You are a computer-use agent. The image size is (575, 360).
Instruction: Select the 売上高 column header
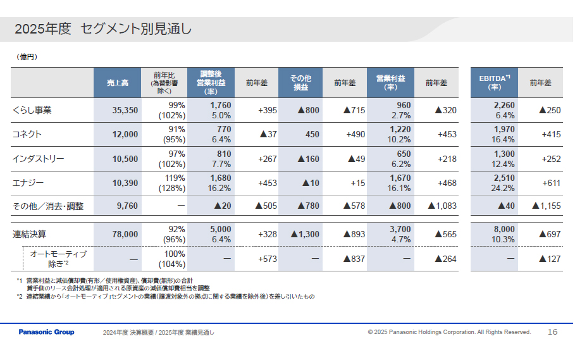[x=118, y=83]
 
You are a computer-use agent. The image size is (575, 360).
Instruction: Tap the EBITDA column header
[x=495, y=83]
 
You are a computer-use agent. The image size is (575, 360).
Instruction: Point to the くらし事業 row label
[x=32, y=110]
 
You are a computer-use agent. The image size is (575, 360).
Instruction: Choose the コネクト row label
[x=27, y=134]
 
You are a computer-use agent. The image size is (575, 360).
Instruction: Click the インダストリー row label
[x=39, y=159]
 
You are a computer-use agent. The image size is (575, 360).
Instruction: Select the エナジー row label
[x=28, y=183]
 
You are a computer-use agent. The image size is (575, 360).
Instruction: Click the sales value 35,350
[x=125, y=110]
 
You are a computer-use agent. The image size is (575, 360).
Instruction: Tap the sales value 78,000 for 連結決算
[x=125, y=234]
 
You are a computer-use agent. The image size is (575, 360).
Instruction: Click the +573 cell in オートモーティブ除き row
[x=267, y=259]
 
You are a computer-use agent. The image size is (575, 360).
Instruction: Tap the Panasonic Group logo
[x=46, y=332]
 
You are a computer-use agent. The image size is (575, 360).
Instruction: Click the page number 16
[x=552, y=332]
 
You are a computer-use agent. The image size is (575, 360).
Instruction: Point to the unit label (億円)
[x=27, y=57]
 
